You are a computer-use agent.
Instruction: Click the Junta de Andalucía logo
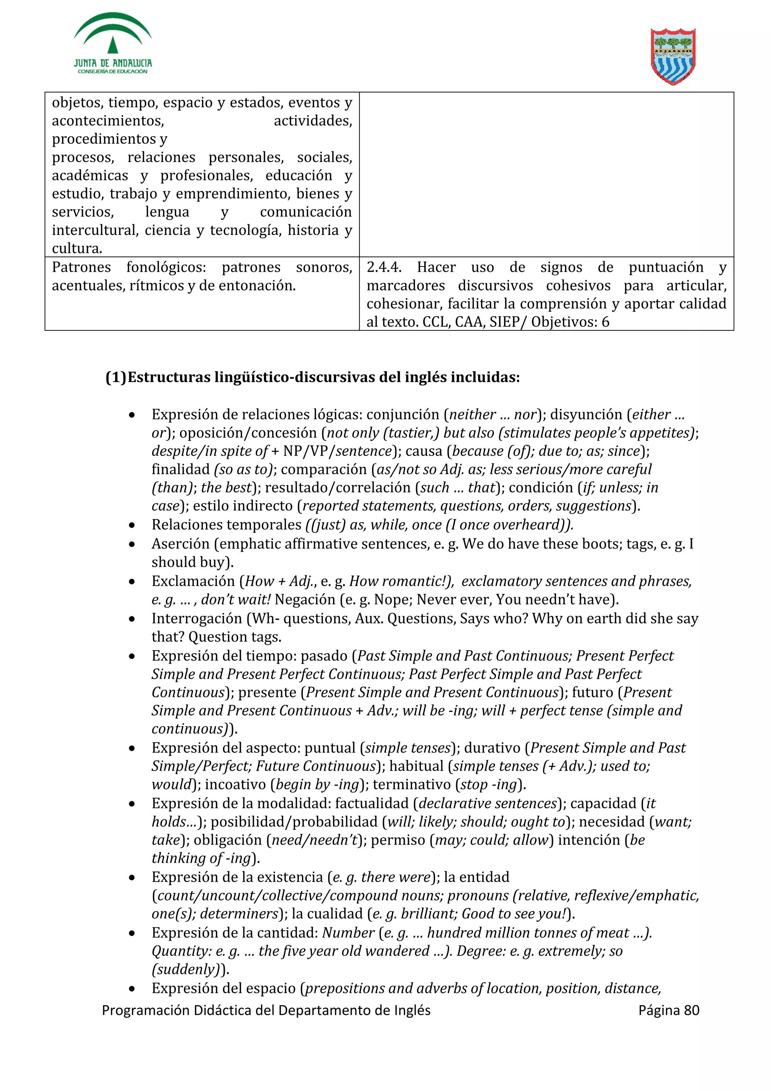point(113,44)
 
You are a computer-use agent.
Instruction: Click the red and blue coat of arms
point(673,56)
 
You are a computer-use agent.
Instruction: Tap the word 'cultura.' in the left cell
point(77,248)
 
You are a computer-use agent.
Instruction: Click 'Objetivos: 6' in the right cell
point(570,322)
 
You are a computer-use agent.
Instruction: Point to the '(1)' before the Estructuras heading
point(116,377)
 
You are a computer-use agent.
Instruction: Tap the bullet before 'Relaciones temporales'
point(132,525)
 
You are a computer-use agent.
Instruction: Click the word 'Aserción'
point(181,544)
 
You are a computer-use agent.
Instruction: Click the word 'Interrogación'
point(197,618)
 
